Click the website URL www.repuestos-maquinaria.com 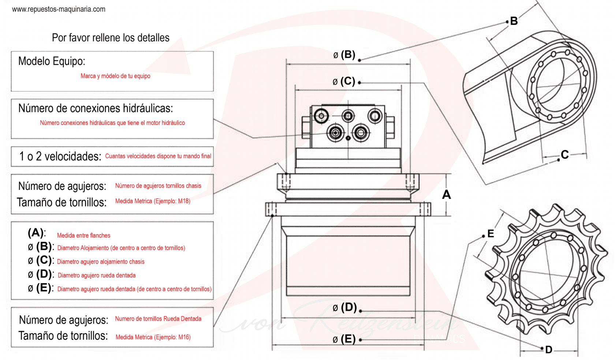pos(59,9)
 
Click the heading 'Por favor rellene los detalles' pos(111,38)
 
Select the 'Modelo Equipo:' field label pos(52,61)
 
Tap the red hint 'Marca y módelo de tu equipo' pos(115,76)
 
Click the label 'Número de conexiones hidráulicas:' pos(96,108)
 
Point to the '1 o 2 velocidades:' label pos(60,157)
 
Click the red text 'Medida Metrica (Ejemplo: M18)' pos(153,201)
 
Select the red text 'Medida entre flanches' pos(83,236)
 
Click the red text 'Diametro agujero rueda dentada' pos(97,275)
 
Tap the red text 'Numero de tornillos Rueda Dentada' pos(158,319)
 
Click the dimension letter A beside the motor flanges pos(446,195)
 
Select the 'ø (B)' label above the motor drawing pos(344,55)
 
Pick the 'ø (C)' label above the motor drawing pos(344,81)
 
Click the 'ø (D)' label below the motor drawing pos(344,307)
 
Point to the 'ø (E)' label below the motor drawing pos(344,339)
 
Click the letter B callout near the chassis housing pos(514,21)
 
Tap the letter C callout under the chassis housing pos(564,155)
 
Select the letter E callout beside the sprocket pos(491,234)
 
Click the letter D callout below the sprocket pos(548,350)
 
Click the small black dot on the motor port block pos(348,138)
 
